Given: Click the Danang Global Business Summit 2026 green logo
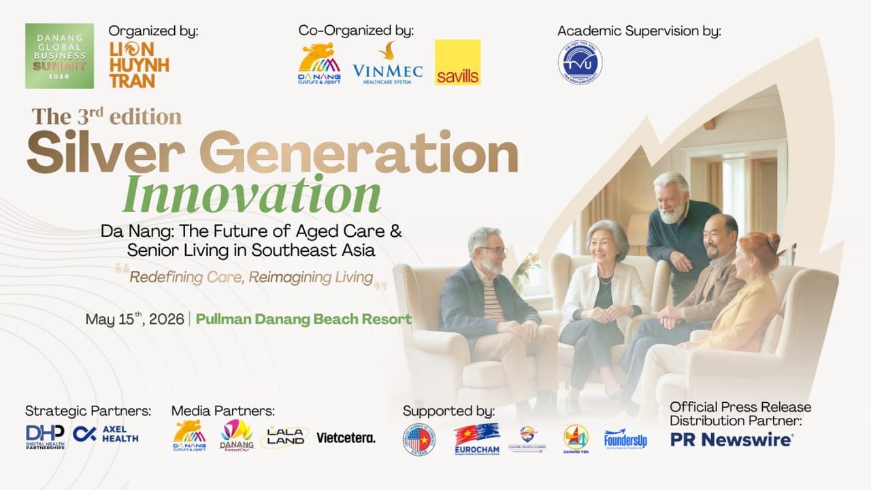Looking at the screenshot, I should point(59,56).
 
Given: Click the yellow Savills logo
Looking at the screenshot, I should point(457,62).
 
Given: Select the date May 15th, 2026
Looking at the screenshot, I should point(135,319).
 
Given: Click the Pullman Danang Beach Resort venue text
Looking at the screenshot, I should point(303,319).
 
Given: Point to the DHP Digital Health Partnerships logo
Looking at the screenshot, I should point(45,437).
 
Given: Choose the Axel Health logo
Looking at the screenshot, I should point(105,434).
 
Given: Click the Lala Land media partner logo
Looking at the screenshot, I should point(284,437).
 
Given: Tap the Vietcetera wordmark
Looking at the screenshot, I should point(346,438).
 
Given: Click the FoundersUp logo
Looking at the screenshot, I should point(625,439).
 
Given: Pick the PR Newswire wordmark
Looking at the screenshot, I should point(731,440).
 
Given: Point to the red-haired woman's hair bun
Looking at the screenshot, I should point(773,242).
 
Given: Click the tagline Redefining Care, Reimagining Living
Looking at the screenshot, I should point(251,278).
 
